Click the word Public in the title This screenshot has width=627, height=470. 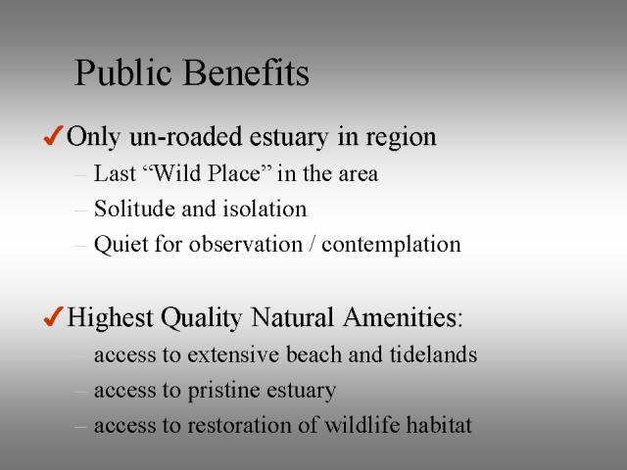[122, 72]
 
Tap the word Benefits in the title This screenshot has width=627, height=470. [246, 72]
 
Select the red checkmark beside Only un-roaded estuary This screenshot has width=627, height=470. [53, 135]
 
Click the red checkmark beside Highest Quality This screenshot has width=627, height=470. [53, 316]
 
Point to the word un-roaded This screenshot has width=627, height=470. [185, 136]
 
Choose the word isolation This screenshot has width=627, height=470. [265, 209]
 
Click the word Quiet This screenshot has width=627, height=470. [121, 244]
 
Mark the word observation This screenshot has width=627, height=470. [246, 244]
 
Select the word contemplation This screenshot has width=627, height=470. [391, 245]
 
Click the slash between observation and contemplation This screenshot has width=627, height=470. [312, 244]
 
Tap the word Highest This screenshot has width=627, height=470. [110, 318]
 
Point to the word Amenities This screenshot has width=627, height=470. [403, 317]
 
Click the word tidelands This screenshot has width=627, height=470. [433, 354]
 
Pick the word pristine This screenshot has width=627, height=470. [224, 391]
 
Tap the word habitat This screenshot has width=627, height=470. [439, 424]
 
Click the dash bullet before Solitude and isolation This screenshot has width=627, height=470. [80, 210]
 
